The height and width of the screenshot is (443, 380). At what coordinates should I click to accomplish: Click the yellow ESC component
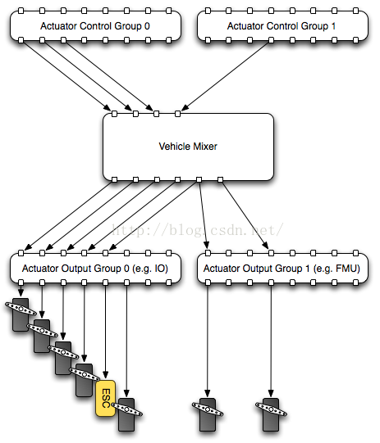(106, 398)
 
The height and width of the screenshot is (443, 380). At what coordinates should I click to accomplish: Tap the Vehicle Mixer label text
(188, 147)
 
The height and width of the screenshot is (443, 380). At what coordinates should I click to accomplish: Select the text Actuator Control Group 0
(95, 26)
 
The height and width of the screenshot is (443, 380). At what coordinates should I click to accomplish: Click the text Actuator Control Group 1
(282, 26)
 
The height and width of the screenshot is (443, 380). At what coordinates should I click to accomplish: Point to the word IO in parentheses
(160, 268)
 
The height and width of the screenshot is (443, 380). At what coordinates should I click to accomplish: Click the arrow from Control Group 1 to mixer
(227, 75)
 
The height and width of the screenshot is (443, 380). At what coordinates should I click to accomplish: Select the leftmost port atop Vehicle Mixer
(114, 114)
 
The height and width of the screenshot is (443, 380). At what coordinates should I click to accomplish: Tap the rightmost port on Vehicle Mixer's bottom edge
(220, 179)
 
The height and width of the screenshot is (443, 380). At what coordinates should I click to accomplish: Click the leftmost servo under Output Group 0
(21, 314)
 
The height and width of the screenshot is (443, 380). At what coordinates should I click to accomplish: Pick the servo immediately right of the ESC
(126, 414)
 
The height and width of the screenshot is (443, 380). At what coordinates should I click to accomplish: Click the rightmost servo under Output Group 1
(271, 414)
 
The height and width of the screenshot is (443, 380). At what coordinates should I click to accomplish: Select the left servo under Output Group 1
(208, 414)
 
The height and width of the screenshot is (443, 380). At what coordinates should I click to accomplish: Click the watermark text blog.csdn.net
(197, 230)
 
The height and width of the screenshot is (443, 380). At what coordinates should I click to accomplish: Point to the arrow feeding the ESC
(105, 332)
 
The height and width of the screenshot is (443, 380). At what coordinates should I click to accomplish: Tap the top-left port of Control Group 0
(21, 11)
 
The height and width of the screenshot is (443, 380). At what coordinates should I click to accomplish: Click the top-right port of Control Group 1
(356, 11)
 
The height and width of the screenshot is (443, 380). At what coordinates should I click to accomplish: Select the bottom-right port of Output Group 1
(356, 283)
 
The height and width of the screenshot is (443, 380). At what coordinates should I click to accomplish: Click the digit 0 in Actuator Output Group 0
(126, 268)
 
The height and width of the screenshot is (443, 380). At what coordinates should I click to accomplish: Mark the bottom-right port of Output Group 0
(169, 283)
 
